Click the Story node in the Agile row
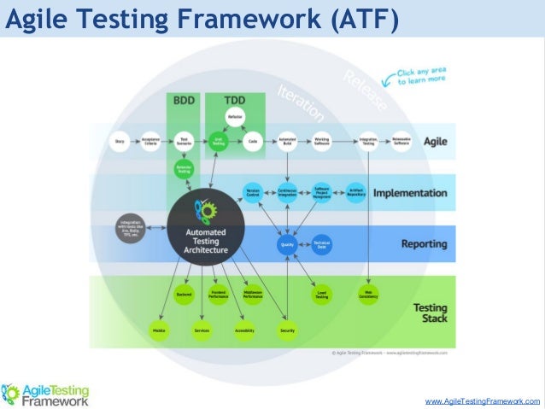coord(119,141)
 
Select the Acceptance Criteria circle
coord(149,141)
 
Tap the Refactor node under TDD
coord(235,117)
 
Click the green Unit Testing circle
coord(219,141)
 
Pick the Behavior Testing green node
coord(183,169)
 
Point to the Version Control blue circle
coord(252,192)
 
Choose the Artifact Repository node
coord(356,192)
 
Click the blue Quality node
coord(286,245)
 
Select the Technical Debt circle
coord(321,245)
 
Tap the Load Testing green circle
coord(321,295)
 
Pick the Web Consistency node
coord(368,295)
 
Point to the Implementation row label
coord(409,193)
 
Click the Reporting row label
coord(424,244)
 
